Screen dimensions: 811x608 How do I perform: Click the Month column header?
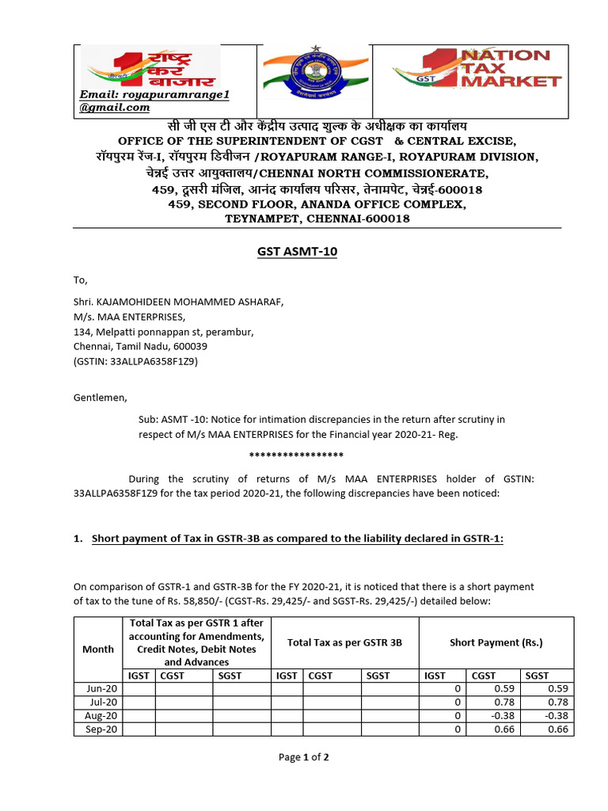pyautogui.click(x=98, y=648)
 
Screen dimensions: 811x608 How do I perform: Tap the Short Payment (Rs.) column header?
pyautogui.click(x=496, y=642)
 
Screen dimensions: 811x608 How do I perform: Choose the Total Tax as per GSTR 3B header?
pyautogui.click(x=344, y=642)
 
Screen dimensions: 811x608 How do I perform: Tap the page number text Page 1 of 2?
pyautogui.click(x=303, y=757)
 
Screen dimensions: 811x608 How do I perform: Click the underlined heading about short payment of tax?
pyautogui.click(x=297, y=539)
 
